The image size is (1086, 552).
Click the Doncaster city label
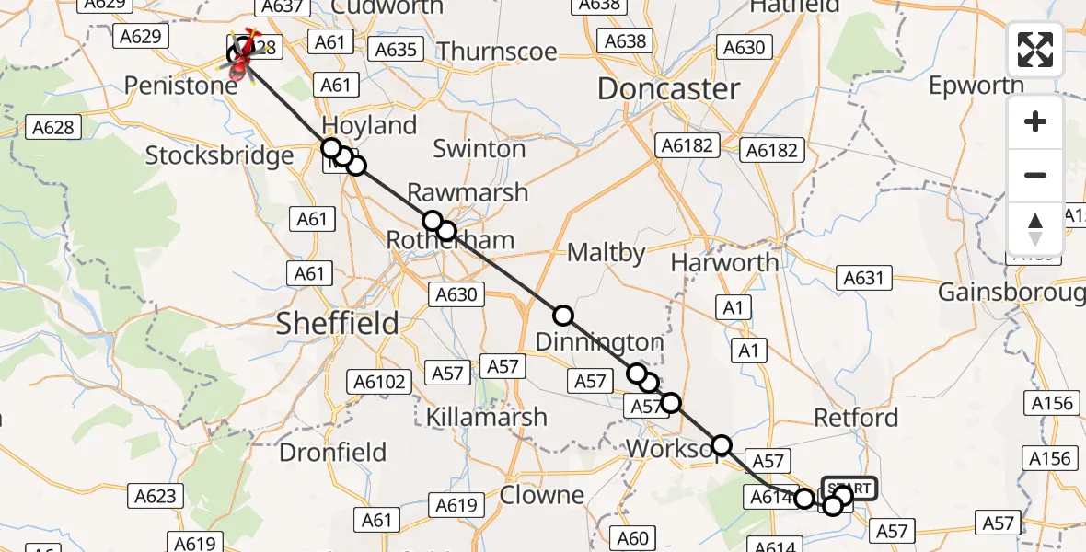pyautogui.click(x=669, y=89)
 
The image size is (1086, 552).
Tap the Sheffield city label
pyautogui.click(x=339, y=323)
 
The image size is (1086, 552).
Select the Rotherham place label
pyautogui.click(x=450, y=241)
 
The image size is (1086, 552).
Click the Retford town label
pyautogui.click(x=856, y=418)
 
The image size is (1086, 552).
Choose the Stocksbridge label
pyautogui.click(x=220, y=155)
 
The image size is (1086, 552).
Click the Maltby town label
pyautogui.click(x=607, y=252)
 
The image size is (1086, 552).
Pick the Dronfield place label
pyautogui.click(x=332, y=453)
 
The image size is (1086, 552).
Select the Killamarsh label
pyautogui.click(x=486, y=417)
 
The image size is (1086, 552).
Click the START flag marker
pyautogui.click(x=849, y=488)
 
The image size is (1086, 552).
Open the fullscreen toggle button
pyautogui.click(x=1035, y=50)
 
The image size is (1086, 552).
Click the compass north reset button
pyautogui.click(x=1035, y=228)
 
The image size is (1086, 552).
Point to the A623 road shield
pyautogui.click(x=155, y=497)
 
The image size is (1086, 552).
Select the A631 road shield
pyautogui.click(x=862, y=278)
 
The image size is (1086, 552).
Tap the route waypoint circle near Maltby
pyautogui.click(x=563, y=316)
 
